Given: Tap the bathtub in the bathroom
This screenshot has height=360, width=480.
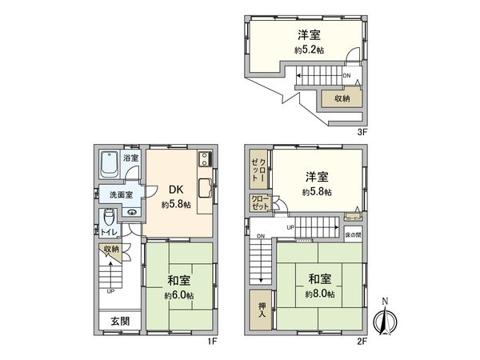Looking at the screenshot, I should pos(110,165).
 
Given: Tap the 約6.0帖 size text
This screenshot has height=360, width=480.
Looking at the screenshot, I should pos(178,294).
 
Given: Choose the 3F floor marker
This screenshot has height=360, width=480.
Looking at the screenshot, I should pos(362,131).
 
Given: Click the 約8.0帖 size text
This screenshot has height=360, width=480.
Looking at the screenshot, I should pos(319,294).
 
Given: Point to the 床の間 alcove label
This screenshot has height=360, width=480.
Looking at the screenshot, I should pos(354,237).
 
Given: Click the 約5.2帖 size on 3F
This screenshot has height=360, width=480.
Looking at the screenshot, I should pos(308,50).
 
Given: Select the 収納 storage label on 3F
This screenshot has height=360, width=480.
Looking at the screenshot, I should pos(342,99).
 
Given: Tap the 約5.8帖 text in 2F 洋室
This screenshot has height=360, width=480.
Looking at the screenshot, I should pos(318,193).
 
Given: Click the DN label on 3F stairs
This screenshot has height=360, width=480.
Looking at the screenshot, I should pos(346,77).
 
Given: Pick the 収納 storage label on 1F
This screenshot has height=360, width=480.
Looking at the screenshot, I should pos(110,249).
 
